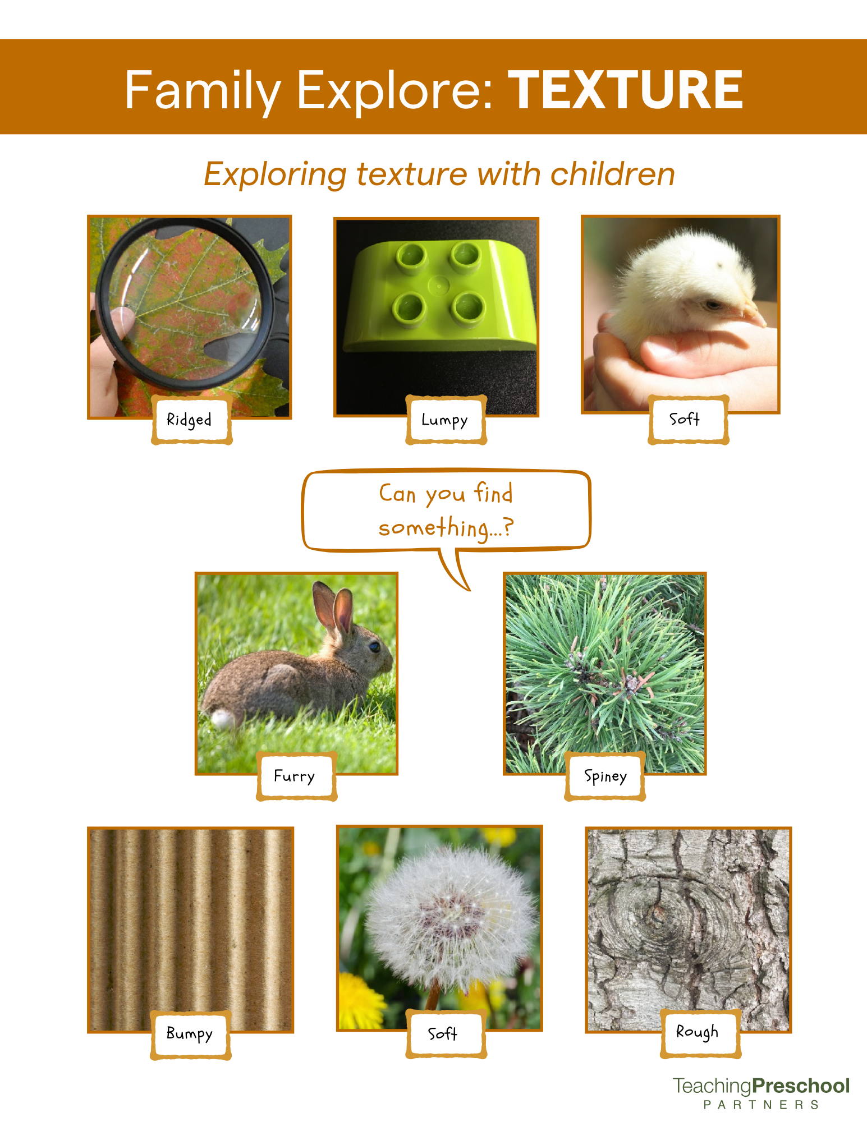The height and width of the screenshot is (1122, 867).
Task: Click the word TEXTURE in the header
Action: pos(629,90)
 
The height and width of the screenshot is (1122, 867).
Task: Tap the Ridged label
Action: pos(190,420)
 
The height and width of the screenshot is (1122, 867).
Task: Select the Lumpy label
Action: pos(444,420)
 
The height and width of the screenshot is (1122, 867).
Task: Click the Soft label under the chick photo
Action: pos(685,419)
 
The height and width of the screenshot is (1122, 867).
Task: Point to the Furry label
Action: pos(295,776)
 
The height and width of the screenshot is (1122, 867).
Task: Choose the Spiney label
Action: pos(605,776)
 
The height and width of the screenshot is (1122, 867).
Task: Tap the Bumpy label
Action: pos(190,1033)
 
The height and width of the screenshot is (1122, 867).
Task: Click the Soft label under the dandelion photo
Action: pos(443,1033)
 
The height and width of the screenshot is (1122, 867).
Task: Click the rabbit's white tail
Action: pos(222,718)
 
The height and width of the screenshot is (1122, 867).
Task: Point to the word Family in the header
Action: pos(203,90)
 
